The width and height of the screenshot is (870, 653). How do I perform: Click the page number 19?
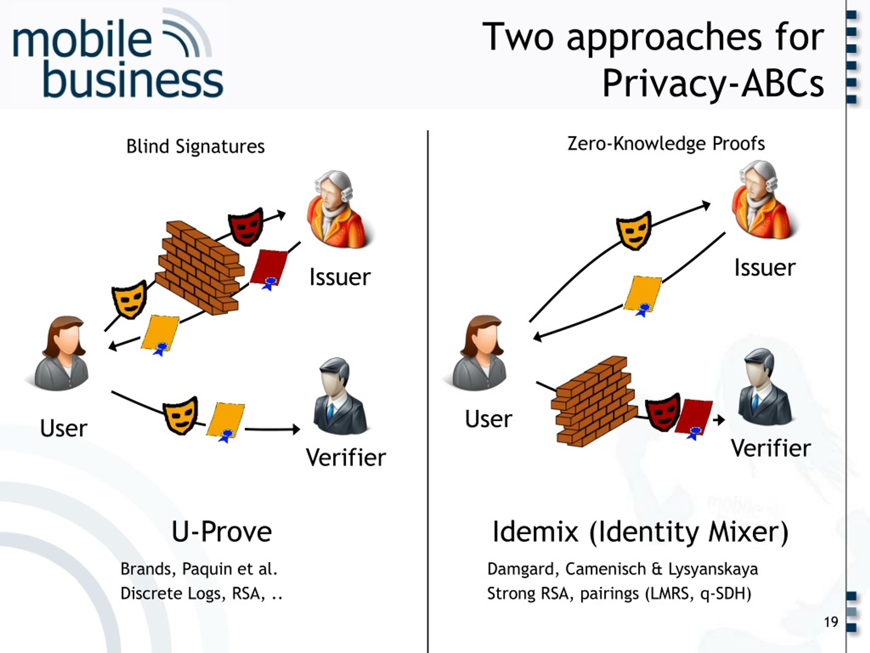831,622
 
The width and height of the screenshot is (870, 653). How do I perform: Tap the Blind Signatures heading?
195,147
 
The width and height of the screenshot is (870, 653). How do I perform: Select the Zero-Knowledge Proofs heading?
666,144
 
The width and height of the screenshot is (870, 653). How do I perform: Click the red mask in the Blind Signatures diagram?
246,227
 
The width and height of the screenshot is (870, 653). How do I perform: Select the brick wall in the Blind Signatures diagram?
200,268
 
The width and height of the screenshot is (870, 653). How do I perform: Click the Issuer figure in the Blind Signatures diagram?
340,210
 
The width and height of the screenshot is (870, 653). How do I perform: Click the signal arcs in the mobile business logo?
187,32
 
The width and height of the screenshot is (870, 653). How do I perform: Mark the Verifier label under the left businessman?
346,458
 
